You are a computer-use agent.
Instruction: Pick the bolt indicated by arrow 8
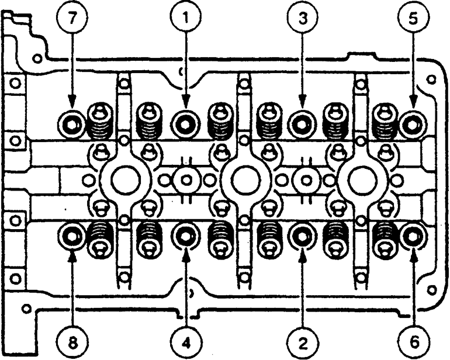pos(71,237)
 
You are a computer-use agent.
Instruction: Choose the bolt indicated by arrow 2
pos(302,237)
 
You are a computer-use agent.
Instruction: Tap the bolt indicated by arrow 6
pos(413,237)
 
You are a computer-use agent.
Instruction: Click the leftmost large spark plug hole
pos(124,180)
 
